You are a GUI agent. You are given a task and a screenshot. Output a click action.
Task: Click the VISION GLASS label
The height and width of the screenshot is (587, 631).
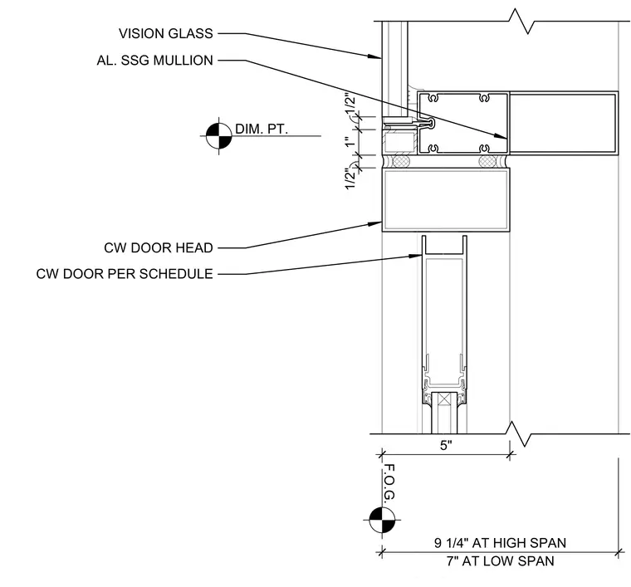[x=166, y=33]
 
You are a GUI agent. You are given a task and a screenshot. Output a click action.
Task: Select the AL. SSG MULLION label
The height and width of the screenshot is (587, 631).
[x=155, y=61]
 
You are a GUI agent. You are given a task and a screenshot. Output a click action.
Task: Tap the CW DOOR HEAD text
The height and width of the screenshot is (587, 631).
[x=159, y=248]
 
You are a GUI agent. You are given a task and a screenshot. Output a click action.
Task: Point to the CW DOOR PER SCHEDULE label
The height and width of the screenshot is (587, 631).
[x=125, y=274]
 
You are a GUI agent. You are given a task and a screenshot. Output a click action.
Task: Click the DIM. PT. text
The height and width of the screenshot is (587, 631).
[x=262, y=130]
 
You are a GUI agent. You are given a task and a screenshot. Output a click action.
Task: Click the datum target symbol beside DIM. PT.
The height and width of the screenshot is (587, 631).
[x=219, y=136]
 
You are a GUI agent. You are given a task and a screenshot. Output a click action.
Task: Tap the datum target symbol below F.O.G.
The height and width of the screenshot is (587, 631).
[x=382, y=520]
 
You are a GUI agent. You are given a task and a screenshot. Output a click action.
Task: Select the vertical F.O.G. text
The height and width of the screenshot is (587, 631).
[x=389, y=482]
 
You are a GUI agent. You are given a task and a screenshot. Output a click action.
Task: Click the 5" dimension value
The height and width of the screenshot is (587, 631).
[x=447, y=445]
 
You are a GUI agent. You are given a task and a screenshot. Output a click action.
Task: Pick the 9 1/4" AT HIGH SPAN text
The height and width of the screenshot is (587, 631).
[x=500, y=543]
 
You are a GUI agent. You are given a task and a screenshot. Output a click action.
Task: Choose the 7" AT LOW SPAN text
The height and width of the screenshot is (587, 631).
[x=500, y=561]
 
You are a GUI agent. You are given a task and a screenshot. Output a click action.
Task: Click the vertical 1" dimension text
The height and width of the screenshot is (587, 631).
[x=350, y=142]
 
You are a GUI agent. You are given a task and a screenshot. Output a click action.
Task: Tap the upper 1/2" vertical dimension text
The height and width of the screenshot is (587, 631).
[x=350, y=104]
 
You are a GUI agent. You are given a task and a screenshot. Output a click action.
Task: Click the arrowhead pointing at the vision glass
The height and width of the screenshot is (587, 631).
[x=374, y=56]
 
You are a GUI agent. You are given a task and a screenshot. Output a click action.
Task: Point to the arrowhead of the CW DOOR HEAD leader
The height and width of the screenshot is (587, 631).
[x=374, y=223]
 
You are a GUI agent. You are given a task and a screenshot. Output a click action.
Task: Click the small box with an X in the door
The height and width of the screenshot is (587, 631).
[x=444, y=399]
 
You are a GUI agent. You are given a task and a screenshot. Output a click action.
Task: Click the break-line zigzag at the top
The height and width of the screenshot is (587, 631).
[x=521, y=22]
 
